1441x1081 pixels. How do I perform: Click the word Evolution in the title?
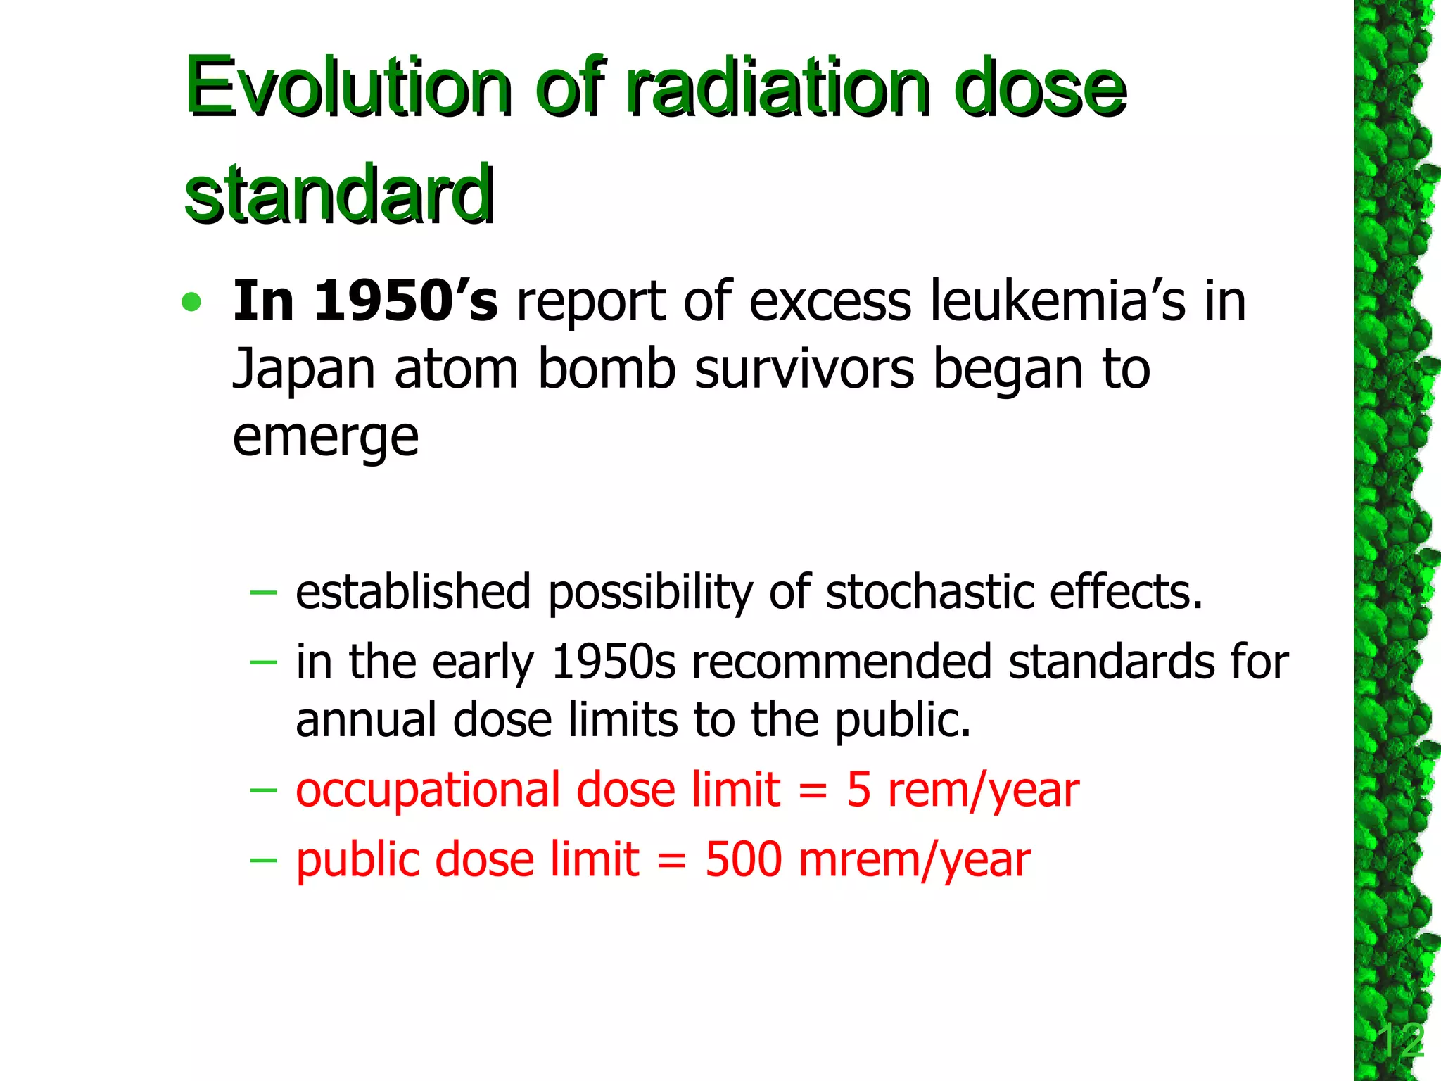tap(348, 88)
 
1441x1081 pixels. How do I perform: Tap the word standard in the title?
tap(339, 194)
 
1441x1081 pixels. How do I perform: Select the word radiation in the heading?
tap(780, 88)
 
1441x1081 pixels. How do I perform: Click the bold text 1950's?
tap(405, 301)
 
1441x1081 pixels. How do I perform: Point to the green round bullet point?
tap(191, 303)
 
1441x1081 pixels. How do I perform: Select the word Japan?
tap(303, 370)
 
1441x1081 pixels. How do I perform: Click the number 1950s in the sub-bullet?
tap(613, 662)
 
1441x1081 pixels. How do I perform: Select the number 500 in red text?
tap(743, 860)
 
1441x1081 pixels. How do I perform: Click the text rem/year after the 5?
tap(983, 790)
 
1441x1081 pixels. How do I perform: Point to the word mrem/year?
tap(915, 860)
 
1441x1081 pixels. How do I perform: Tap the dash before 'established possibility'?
tap(263, 593)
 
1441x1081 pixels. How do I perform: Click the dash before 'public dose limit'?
tap(263, 860)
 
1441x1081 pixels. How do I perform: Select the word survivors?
tap(804, 370)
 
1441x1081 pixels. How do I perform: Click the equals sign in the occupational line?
tap(813, 790)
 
